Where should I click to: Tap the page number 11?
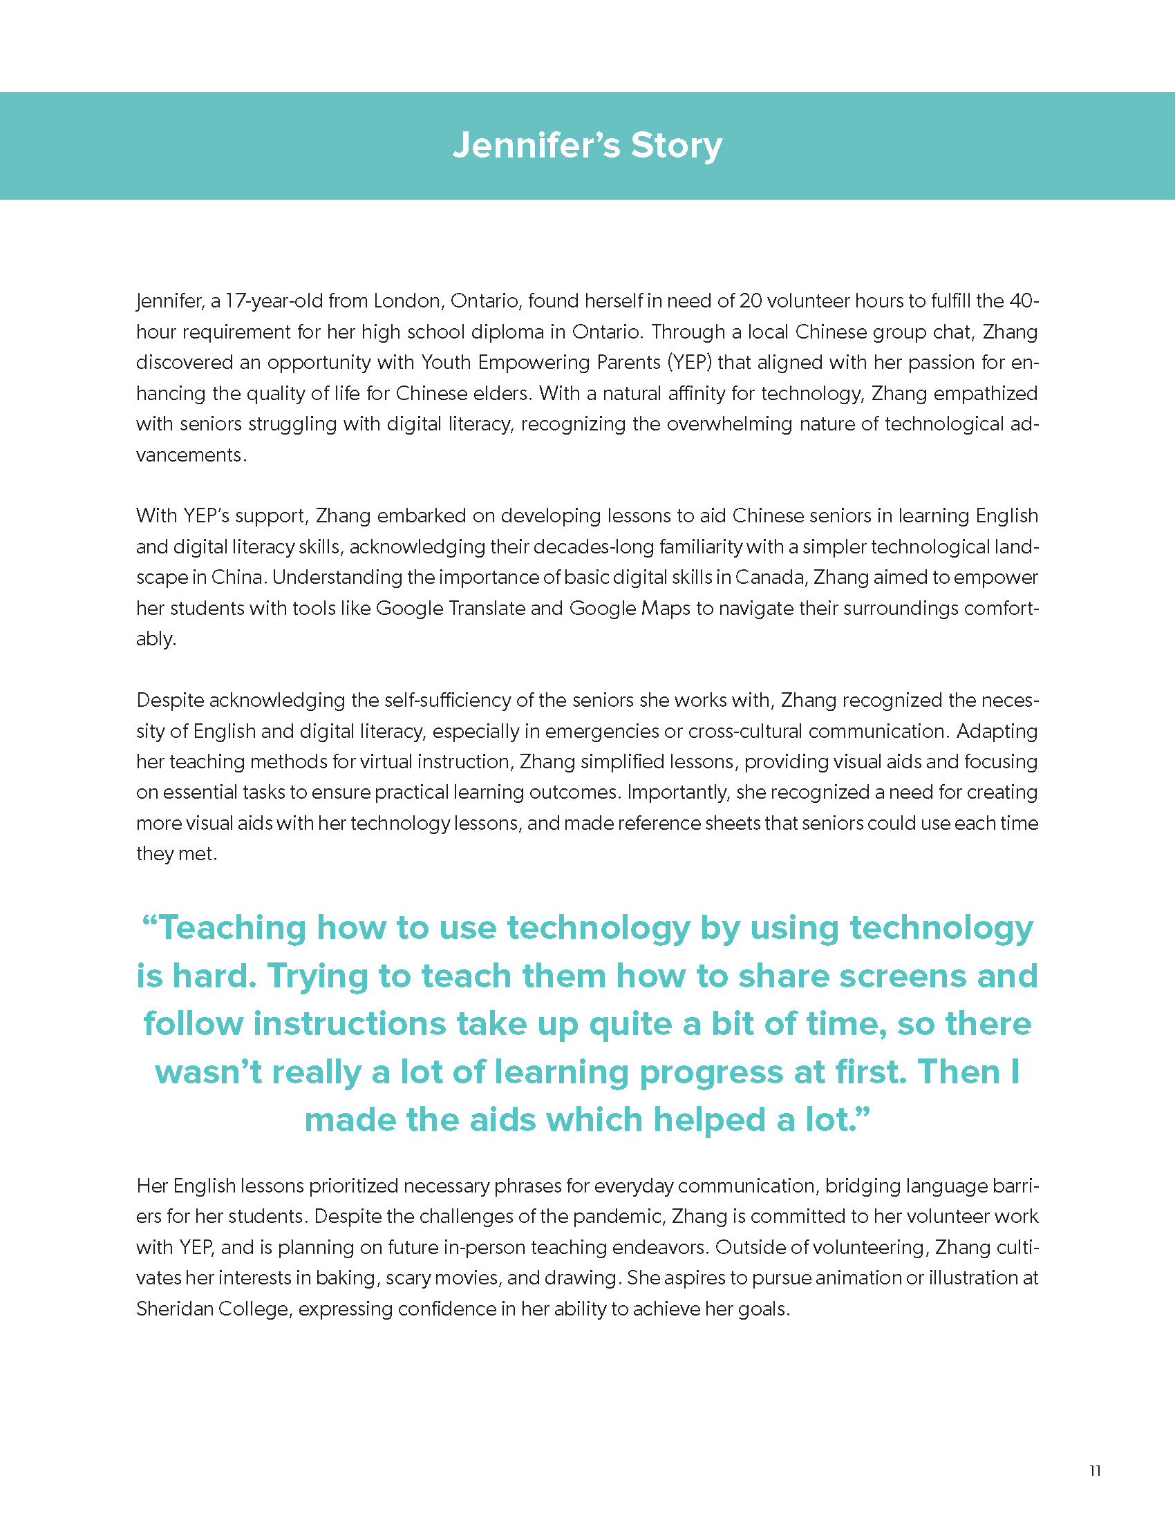coord(1094,1470)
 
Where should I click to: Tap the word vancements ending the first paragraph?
coord(189,455)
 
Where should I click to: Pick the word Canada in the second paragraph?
coord(770,577)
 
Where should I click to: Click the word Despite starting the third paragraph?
coord(169,699)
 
